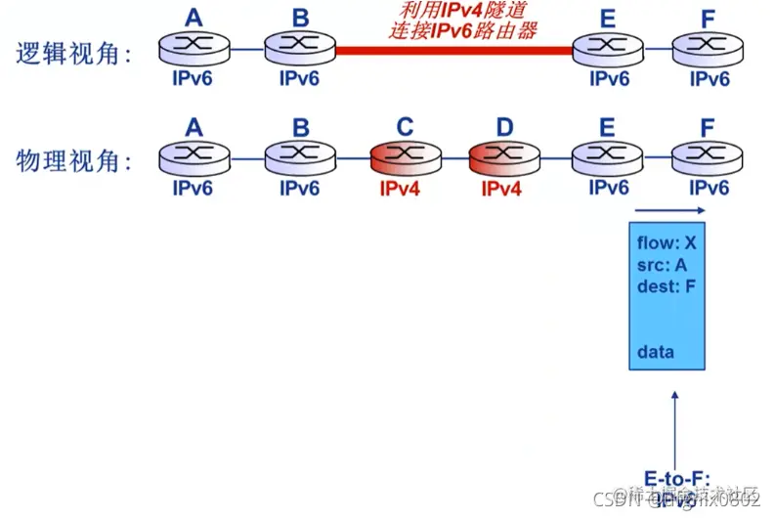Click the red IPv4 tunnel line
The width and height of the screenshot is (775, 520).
(x=454, y=46)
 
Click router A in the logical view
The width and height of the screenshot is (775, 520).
(x=194, y=46)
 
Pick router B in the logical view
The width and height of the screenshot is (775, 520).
(x=299, y=46)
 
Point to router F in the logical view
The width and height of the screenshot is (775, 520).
(x=709, y=46)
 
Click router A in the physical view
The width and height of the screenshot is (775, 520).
(x=194, y=157)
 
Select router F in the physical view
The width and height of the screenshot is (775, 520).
(x=709, y=157)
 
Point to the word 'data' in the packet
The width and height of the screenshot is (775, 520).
(x=656, y=351)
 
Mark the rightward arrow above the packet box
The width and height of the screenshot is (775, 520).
(x=669, y=210)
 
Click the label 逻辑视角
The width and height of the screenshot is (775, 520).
(x=74, y=53)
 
